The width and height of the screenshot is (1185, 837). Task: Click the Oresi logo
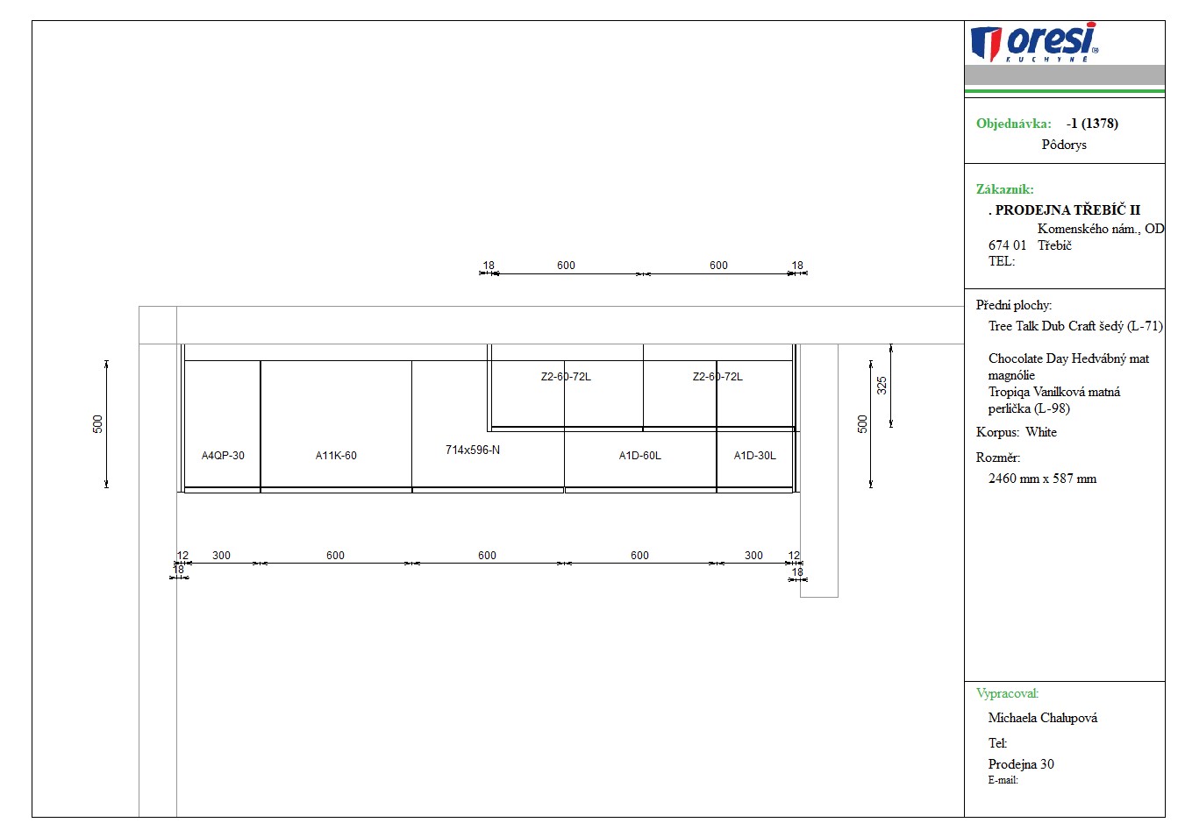1034,42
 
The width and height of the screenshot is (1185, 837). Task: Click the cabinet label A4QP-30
223,455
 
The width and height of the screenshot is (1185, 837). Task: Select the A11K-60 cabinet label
336,455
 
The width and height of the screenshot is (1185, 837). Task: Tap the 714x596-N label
473,450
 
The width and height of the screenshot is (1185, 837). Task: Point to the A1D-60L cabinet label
639,455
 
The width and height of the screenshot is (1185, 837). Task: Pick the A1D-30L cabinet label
754,455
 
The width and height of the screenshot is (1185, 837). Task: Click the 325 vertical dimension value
882,386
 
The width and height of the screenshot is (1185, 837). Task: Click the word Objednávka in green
1014,124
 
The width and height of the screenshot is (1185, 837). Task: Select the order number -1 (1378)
1092,124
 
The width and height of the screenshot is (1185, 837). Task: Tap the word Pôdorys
1064,145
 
